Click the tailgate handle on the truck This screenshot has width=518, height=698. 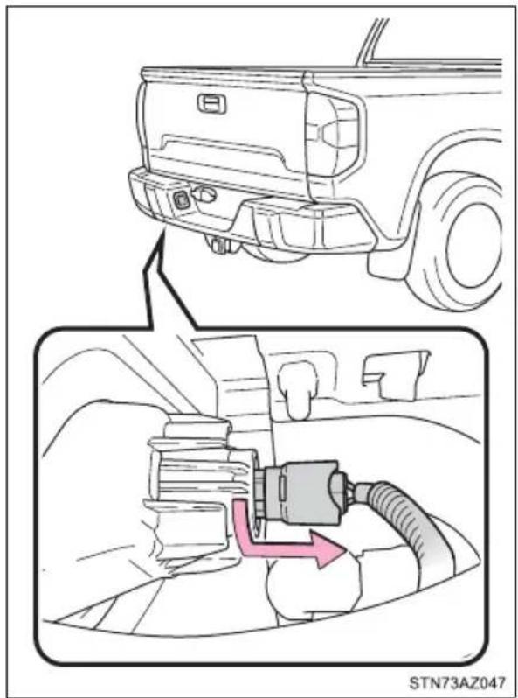point(211,103)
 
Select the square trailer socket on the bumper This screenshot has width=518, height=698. point(182,200)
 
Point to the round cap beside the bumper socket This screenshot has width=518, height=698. point(204,193)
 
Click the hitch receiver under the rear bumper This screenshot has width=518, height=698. point(219,245)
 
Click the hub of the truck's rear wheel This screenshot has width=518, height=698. point(475,244)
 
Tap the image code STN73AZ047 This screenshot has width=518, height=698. point(457,683)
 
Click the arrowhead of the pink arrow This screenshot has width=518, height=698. point(329,550)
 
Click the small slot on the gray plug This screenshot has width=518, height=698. point(282,485)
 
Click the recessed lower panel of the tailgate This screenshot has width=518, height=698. point(223,154)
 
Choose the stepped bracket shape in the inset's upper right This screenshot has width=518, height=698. point(394,374)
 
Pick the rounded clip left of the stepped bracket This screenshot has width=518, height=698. point(296,387)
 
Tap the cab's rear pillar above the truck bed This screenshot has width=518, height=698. point(370,42)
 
